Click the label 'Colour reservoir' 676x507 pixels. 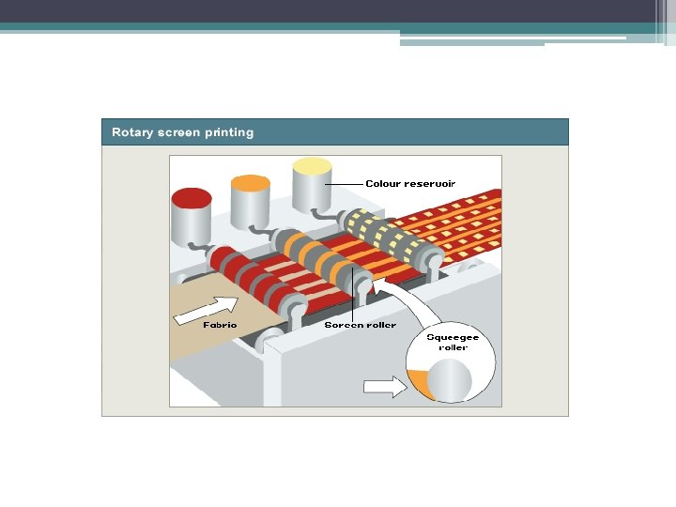(x=410, y=184)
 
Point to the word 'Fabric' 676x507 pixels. (x=220, y=325)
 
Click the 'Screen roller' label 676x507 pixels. (x=361, y=325)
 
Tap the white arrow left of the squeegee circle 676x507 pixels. (x=380, y=384)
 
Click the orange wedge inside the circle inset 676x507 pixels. (x=416, y=383)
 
